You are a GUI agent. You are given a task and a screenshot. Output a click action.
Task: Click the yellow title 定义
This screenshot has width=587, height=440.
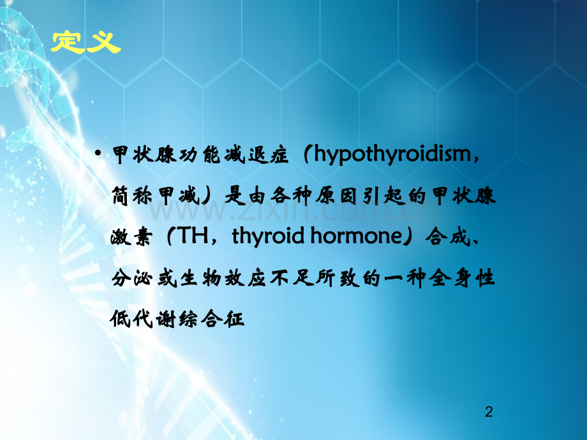(x=85, y=41)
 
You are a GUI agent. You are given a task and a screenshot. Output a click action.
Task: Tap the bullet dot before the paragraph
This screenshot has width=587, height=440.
(x=98, y=153)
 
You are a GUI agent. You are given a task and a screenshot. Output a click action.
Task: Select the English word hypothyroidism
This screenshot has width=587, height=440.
(x=392, y=154)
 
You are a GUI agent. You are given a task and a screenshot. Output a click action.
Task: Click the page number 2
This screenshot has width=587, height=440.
(x=489, y=411)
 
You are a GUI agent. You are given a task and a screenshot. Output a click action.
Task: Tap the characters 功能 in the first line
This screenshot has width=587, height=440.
(x=199, y=154)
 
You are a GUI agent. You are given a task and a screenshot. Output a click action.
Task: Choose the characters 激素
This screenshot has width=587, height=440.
(x=131, y=237)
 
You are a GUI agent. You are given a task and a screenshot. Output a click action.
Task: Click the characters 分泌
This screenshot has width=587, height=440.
(x=131, y=278)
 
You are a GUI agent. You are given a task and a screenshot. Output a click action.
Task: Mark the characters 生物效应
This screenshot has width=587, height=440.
(x=223, y=278)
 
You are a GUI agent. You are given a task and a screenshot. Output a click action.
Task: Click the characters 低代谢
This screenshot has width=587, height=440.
(x=143, y=319)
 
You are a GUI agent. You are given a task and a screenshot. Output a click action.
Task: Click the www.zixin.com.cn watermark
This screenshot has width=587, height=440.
(x=293, y=210)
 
